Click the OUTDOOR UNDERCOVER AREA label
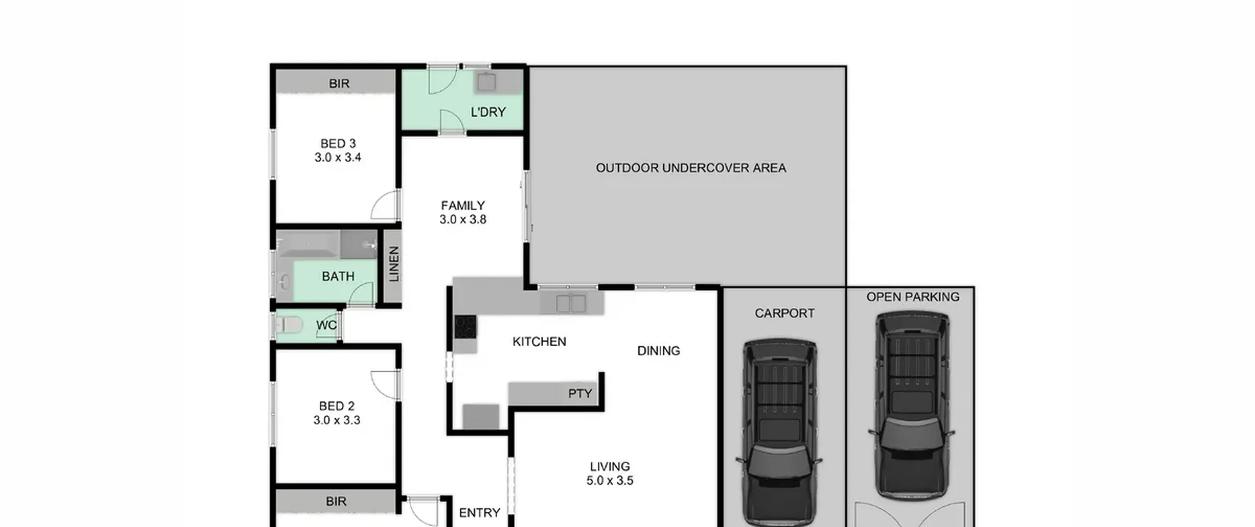click(x=691, y=168)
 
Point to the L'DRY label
click(x=488, y=112)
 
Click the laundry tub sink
click(x=487, y=82)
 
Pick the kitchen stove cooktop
click(x=465, y=327)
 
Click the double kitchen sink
click(x=571, y=303)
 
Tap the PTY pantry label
click(x=580, y=394)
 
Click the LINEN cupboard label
click(x=394, y=264)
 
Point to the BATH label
click(x=338, y=276)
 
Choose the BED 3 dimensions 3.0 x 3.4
click(x=338, y=157)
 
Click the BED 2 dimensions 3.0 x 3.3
click(x=337, y=420)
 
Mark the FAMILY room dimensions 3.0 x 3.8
click(x=463, y=219)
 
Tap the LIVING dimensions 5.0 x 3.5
click(x=610, y=480)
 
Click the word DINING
click(x=658, y=351)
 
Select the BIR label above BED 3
click(x=339, y=84)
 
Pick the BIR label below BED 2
click(x=336, y=502)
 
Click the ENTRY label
click(x=479, y=513)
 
